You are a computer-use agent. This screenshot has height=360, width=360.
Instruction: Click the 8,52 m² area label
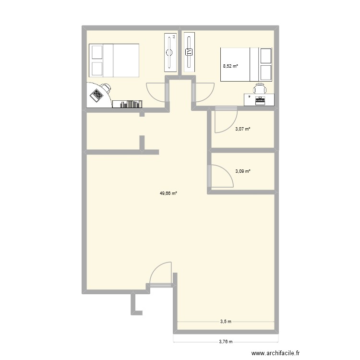pyautogui.click(x=230, y=66)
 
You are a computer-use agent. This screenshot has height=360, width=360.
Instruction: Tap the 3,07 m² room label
pyautogui.click(x=243, y=129)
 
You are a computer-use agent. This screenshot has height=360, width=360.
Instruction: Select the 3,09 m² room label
pyautogui.click(x=243, y=170)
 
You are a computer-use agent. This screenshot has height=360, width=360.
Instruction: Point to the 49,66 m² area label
pyautogui.click(x=168, y=193)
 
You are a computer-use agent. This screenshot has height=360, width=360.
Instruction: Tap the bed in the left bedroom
pyautogui.click(x=114, y=60)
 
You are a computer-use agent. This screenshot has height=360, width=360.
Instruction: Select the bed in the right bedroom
pyautogui.click(x=246, y=65)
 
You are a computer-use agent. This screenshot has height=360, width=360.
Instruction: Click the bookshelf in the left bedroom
pyautogui.click(x=128, y=104)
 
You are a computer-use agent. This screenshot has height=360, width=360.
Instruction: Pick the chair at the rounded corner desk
pyautogui.click(x=105, y=88)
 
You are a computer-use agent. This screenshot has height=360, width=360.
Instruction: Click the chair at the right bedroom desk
pyautogui.click(x=260, y=88)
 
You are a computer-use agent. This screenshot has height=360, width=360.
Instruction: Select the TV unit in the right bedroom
pyautogui.click(x=189, y=52)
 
